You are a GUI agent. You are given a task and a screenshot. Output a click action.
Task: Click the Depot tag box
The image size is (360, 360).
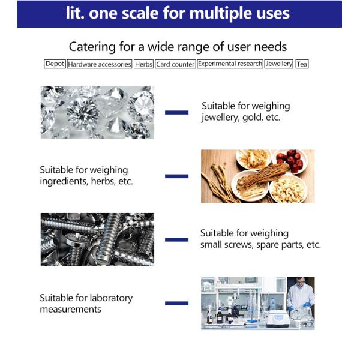55,64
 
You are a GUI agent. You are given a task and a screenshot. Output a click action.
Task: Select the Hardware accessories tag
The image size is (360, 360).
100,64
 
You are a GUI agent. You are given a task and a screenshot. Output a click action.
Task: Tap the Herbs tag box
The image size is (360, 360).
144,64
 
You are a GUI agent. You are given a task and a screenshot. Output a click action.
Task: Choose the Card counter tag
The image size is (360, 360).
175,64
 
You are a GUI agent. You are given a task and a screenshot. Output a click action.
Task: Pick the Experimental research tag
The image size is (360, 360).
230,64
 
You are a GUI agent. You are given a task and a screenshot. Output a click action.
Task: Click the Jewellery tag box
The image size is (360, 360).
279,64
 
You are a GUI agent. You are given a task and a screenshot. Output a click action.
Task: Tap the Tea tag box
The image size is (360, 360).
302,64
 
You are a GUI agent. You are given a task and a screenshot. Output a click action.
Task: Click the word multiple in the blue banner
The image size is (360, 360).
221,13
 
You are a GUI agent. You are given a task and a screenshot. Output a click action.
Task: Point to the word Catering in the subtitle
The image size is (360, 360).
92,47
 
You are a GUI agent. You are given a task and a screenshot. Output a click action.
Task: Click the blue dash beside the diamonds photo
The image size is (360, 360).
177,113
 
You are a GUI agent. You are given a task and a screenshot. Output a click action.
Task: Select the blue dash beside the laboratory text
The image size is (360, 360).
177,303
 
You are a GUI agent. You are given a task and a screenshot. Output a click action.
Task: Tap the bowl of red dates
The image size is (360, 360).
290,161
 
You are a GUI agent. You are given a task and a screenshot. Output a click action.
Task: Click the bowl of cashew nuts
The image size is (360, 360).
289,189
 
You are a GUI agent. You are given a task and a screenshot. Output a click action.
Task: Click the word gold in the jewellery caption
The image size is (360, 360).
252,118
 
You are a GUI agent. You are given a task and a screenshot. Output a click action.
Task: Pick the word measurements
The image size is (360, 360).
70,310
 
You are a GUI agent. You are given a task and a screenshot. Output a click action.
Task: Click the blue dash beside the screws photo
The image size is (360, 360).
177,239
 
